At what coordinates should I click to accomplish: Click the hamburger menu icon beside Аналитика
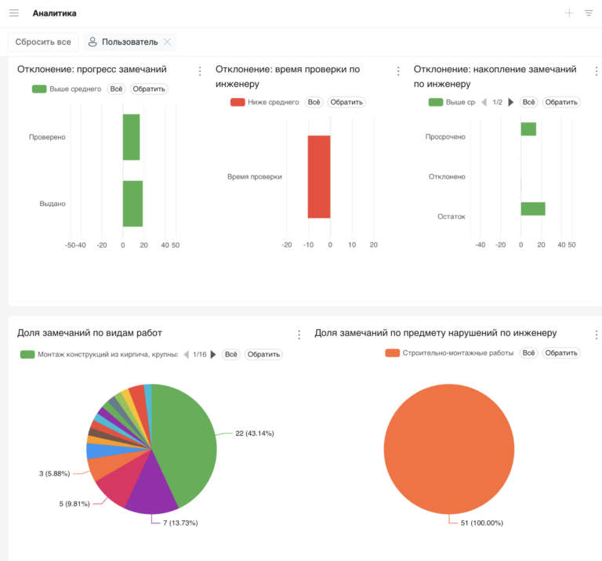[14, 13]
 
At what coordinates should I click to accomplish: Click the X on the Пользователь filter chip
[167, 42]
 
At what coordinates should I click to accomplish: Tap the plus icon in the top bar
[569, 13]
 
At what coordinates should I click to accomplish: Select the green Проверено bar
[131, 137]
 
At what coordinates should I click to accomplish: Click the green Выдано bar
[132, 204]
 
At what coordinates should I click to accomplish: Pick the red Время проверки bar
[319, 176]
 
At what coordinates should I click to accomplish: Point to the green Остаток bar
[533, 208]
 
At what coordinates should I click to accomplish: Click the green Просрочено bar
[528, 128]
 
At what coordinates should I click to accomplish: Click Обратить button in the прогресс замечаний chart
[149, 89]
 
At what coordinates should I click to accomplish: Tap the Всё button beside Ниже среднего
[314, 103]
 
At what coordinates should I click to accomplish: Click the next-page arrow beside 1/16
[212, 355]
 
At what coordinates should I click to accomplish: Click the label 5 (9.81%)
[76, 504]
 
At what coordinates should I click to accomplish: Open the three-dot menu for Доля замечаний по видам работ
[299, 335]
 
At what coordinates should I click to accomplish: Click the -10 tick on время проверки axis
[309, 245]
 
